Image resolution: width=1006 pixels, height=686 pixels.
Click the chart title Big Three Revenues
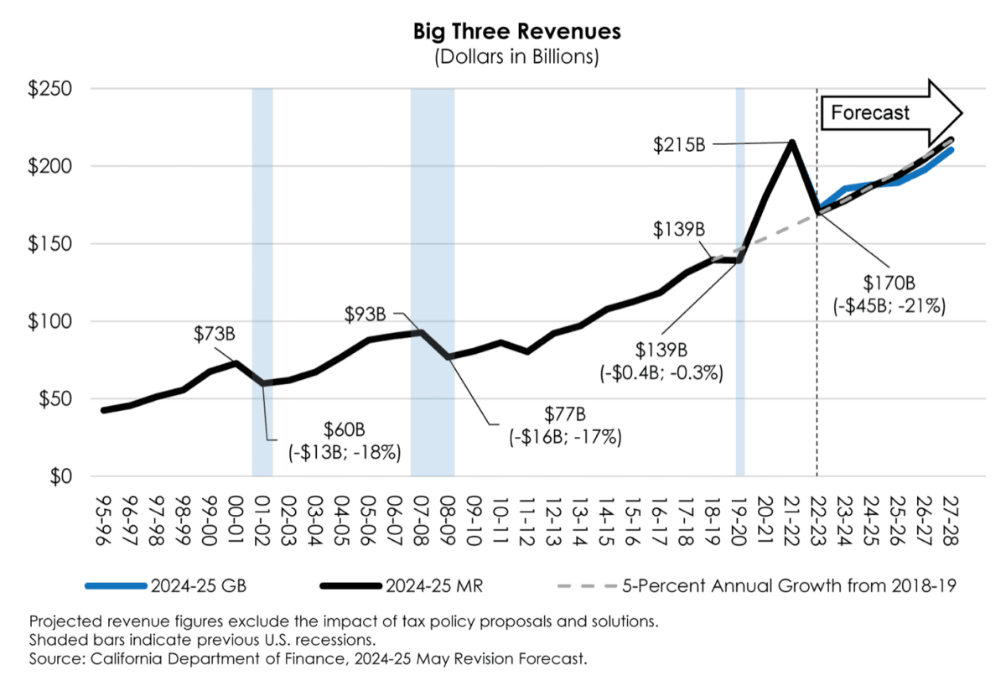point(516,32)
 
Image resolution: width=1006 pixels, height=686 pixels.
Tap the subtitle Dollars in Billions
point(516,57)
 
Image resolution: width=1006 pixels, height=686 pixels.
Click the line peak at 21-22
point(791,142)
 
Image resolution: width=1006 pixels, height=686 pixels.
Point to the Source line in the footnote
point(307,659)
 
